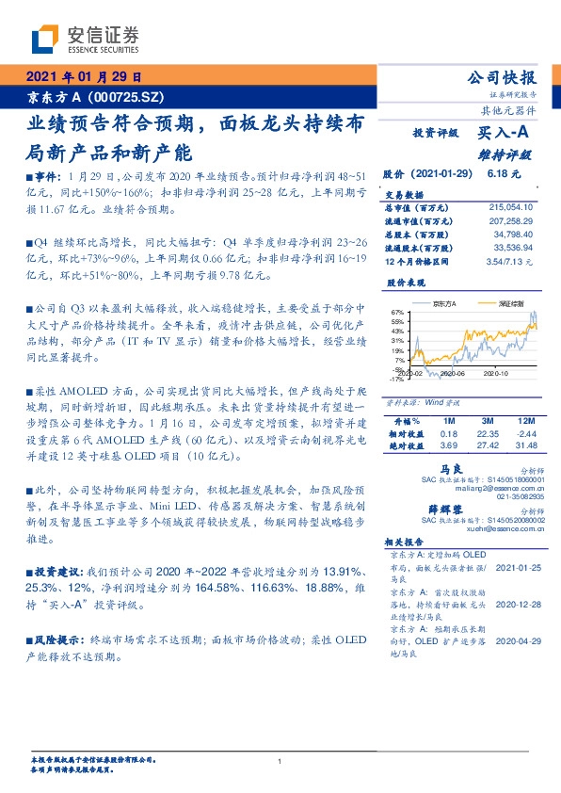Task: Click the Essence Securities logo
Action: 85,40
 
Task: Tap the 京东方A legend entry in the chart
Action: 441,304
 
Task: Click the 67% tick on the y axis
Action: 397,313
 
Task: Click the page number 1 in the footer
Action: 280,761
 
